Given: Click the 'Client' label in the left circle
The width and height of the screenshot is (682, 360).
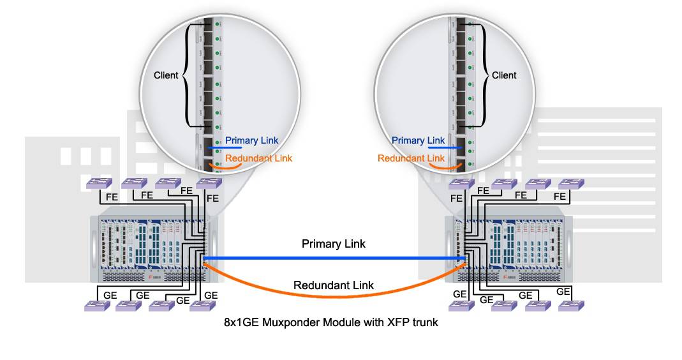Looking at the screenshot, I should (166, 75).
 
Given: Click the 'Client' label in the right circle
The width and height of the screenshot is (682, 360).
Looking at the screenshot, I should (504, 75).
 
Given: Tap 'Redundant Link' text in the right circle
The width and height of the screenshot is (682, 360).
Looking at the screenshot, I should (411, 158).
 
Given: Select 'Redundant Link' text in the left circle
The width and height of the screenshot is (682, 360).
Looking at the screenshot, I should (259, 158).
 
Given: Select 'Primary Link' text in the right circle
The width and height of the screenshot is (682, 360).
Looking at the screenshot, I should (419, 140).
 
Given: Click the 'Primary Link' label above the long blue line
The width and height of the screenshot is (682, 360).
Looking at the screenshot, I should (334, 244).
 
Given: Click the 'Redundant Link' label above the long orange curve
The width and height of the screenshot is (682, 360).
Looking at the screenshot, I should (334, 285).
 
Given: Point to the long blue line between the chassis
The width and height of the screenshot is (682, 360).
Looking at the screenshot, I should (334, 258).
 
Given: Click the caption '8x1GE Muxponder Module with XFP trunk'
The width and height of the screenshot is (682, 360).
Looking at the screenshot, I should (330, 322).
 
